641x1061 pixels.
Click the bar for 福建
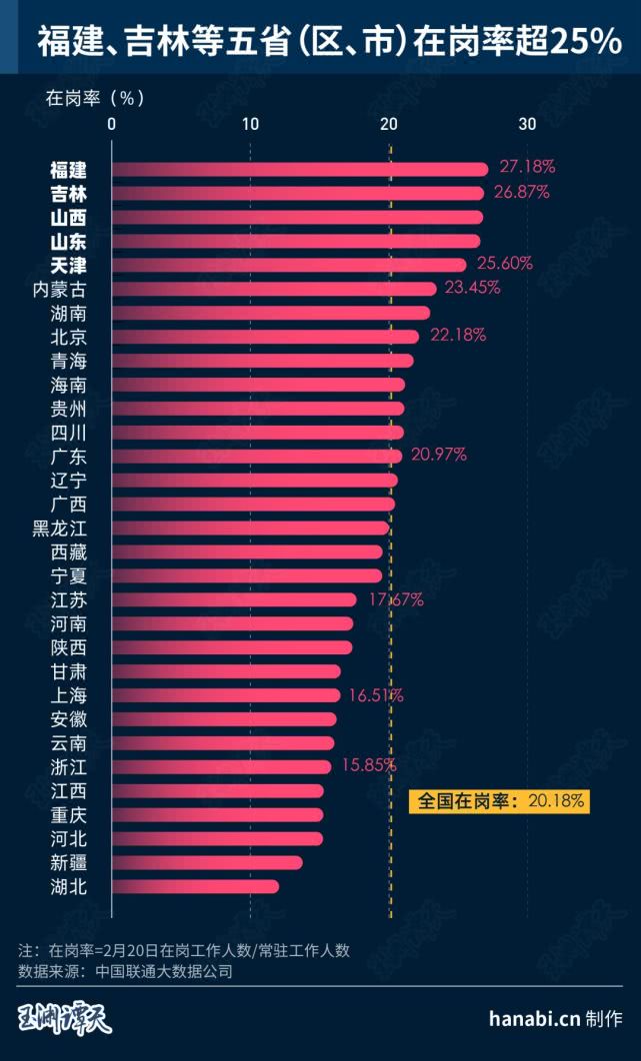[299, 169]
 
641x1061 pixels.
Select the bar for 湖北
[195, 886]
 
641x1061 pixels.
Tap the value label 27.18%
[527, 167]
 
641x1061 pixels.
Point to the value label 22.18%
[458, 335]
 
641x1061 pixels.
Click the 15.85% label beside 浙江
[370, 765]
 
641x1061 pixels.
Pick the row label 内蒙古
[60, 289]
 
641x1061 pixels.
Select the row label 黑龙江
[60, 528]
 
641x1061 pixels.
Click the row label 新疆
[68, 862]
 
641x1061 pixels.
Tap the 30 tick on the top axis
[527, 124]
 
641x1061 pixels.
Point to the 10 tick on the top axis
[250, 124]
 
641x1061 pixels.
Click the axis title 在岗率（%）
[96, 98]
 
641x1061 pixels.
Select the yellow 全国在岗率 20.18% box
[496, 800]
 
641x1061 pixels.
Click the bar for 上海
[226, 695]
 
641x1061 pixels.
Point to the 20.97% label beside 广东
[438, 455]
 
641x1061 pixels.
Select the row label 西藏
[68, 551]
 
